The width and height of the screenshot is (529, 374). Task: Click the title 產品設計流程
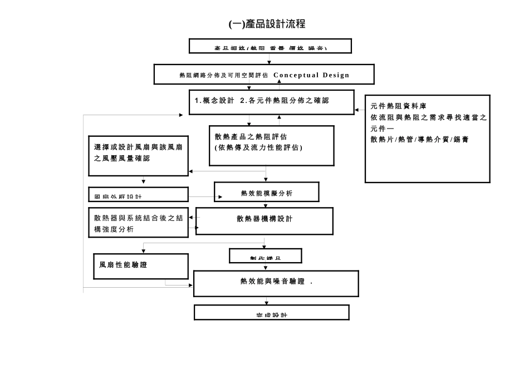267,24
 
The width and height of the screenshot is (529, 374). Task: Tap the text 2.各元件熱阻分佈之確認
284,101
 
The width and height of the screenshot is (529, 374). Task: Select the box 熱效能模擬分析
266,193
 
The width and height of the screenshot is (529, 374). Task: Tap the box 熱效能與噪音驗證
276,282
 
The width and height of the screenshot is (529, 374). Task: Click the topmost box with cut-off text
270,46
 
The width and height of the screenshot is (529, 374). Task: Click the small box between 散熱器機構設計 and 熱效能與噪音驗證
266,255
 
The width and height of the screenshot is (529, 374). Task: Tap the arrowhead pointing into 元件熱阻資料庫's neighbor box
357,110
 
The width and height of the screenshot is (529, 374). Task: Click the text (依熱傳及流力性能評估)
258,147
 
